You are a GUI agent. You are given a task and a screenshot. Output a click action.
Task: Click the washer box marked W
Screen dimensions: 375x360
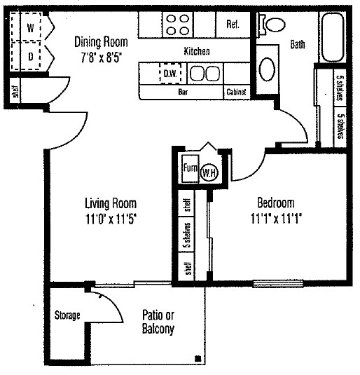click(31, 29)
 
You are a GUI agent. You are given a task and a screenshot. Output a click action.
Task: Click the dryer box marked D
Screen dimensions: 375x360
click(31, 55)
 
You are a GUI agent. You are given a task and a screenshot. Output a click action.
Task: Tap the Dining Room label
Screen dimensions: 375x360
click(102, 41)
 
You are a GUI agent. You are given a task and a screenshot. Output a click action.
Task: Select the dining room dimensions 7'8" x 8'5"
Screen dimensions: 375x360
click(102, 55)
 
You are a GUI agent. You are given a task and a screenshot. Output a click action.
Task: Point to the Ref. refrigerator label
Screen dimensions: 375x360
click(233, 24)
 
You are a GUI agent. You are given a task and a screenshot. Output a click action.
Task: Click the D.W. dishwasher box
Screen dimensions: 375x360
click(170, 72)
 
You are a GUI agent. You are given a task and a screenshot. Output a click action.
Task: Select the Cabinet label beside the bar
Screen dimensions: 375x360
click(235, 92)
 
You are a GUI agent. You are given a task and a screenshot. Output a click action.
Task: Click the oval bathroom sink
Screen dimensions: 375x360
click(268, 69)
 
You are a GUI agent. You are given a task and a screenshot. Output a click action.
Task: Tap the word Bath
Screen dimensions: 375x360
click(298, 45)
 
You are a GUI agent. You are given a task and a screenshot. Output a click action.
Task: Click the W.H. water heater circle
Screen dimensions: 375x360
click(209, 172)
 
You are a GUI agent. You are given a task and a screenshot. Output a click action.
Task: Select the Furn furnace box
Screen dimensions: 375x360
click(189, 168)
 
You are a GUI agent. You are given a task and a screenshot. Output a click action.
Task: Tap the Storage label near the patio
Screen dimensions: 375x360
click(67, 315)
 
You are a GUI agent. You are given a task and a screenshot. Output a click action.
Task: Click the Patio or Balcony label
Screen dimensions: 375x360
click(158, 322)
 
